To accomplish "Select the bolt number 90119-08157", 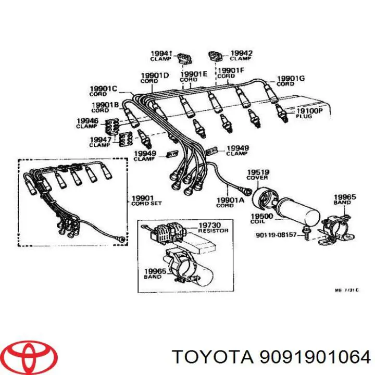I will coord(276,235).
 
